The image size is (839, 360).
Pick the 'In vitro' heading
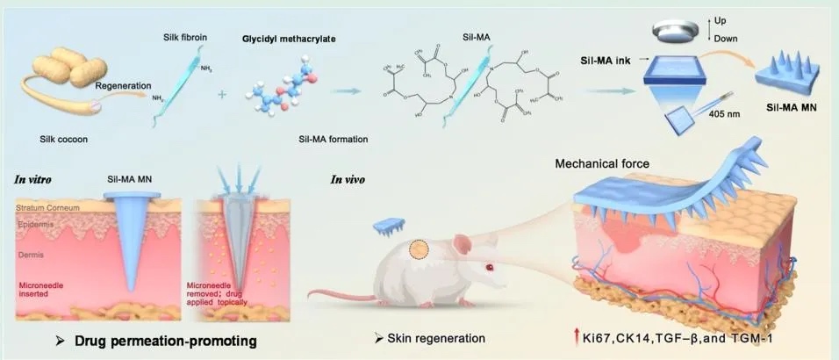click(32, 180)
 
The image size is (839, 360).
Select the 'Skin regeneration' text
click(434, 338)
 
